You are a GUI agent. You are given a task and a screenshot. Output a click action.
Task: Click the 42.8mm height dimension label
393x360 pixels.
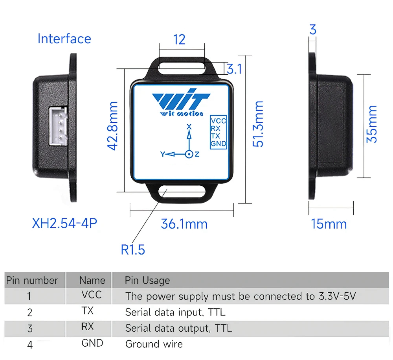[x=112, y=126]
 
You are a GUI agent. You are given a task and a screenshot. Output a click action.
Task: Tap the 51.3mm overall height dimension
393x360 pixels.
[x=258, y=124]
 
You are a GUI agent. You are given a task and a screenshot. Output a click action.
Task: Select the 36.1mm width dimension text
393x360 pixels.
[x=184, y=224]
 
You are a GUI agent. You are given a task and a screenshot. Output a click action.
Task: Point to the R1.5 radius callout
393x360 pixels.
[x=133, y=249]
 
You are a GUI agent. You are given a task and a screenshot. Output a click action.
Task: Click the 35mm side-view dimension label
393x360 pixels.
[x=371, y=124]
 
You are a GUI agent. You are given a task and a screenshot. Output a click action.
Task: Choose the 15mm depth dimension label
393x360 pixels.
[x=329, y=224]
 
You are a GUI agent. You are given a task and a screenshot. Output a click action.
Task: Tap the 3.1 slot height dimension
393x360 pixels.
[x=235, y=69]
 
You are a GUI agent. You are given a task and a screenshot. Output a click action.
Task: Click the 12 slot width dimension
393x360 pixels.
[x=179, y=40]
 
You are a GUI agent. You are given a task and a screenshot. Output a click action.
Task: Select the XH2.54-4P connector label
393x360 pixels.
[x=64, y=223]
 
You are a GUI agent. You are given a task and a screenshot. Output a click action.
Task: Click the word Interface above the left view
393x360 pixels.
[x=64, y=39]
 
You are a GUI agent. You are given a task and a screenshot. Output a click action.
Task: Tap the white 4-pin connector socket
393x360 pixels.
[x=58, y=126]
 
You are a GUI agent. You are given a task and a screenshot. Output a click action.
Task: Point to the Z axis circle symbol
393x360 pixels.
[x=189, y=154]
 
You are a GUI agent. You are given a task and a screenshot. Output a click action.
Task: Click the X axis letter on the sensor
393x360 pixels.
[x=189, y=127]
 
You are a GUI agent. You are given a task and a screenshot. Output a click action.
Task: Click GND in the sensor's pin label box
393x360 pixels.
[x=218, y=144]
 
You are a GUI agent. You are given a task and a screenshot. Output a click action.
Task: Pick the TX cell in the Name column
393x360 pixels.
[x=88, y=311]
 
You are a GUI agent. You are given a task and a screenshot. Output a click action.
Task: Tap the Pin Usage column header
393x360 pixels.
[x=147, y=281]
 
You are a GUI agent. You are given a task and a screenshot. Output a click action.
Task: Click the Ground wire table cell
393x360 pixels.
[x=154, y=344]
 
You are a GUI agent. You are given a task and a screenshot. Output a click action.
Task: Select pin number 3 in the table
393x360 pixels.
[x=30, y=329]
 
